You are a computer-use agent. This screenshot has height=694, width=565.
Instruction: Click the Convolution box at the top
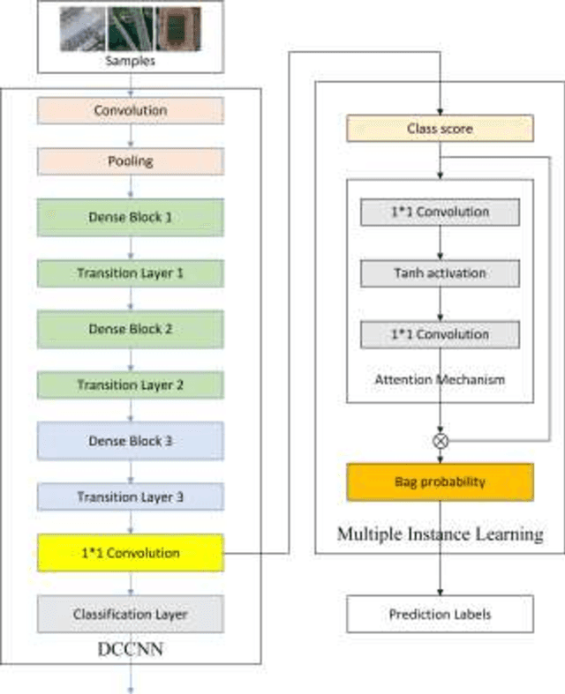pyautogui.click(x=130, y=111)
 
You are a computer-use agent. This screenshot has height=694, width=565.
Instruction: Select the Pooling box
pyautogui.click(x=130, y=161)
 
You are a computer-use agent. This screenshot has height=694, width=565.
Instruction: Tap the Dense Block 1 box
pyautogui.click(x=130, y=217)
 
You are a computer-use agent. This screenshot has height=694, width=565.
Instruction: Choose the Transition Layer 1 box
pyautogui.click(x=130, y=273)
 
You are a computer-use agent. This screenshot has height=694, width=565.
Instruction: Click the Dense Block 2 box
pyautogui.click(x=130, y=329)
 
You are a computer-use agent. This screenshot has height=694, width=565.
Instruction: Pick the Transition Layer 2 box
pyautogui.click(x=130, y=385)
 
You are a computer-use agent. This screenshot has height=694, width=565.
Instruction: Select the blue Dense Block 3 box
pyautogui.click(x=130, y=441)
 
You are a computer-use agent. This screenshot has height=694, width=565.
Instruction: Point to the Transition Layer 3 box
pyautogui.click(x=130, y=497)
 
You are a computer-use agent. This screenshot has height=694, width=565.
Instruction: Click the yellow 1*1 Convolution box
pyautogui.click(x=130, y=553)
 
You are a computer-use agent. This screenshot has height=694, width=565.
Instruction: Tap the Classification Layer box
pyautogui.click(x=130, y=614)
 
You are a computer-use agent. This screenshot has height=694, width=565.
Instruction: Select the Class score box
pyautogui.click(x=440, y=129)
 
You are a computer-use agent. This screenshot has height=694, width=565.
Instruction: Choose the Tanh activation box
pyautogui.click(x=440, y=273)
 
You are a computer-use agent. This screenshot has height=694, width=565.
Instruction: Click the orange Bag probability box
pyautogui.click(x=440, y=482)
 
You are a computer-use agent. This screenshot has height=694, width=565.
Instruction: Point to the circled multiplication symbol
pyautogui.click(x=440, y=438)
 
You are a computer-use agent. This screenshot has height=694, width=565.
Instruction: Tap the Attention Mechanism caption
pyautogui.click(x=440, y=379)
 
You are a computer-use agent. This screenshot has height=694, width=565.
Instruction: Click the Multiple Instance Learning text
pyautogui.click(x=440, y=534)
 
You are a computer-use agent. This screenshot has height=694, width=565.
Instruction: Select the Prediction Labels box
pyautogui.click(x=440, y=614)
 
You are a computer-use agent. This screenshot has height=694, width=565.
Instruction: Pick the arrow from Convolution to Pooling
pyautogui.click(x=130, y=136)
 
